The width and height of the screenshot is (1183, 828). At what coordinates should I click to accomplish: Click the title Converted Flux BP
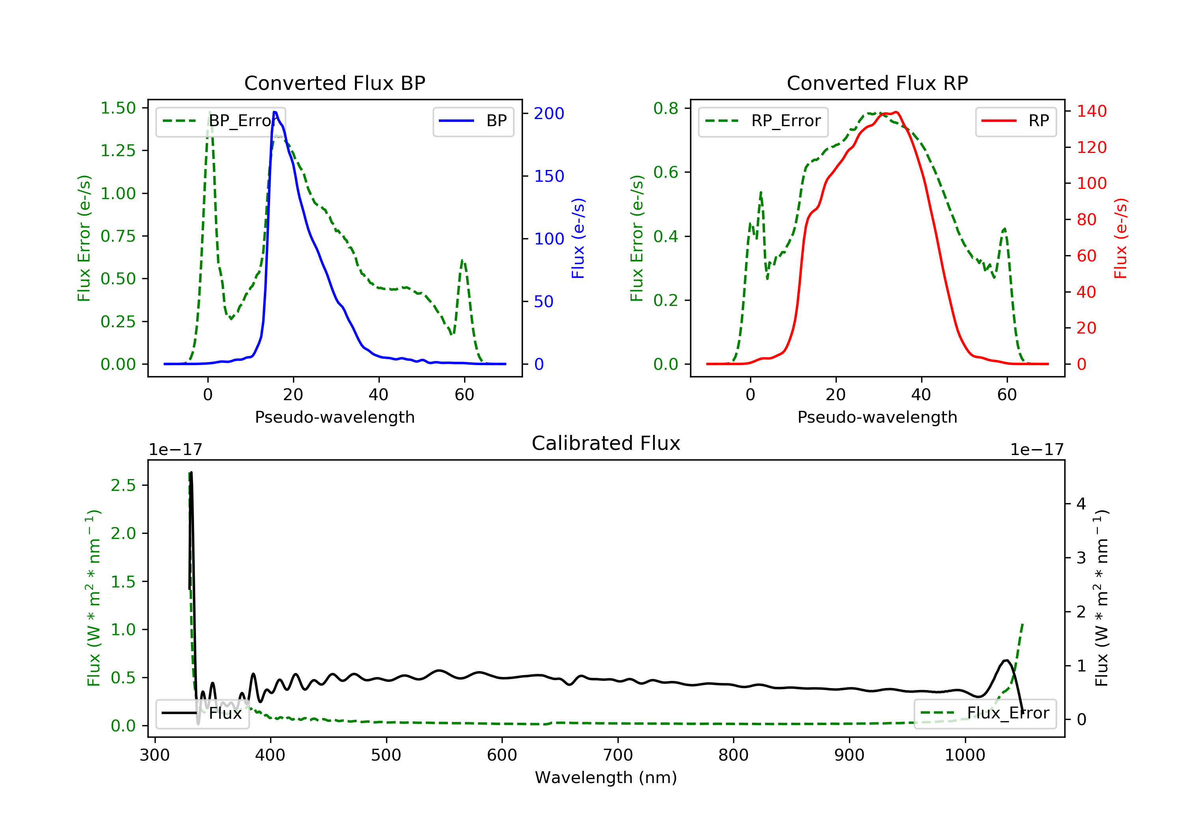[x=335, y=83]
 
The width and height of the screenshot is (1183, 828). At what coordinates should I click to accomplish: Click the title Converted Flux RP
[x=877, y=83]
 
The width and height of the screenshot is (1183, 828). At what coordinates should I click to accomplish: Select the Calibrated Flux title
[x=606, y=443]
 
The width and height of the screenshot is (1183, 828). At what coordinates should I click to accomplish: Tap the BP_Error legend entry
[x=220, y=121]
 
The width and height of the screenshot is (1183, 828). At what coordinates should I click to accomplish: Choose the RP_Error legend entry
[x=763, y=121]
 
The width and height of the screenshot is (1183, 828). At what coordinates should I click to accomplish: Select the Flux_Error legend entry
[x=985, y=713]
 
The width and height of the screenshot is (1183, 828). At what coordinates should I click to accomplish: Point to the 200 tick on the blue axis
[x=549, y=113]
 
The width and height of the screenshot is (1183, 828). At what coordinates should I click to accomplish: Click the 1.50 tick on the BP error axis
[x=118, y=108]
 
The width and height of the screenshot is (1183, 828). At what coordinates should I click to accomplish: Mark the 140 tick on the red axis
[x=1091, y=111]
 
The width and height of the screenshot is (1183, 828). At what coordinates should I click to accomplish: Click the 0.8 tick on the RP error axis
[x=666, y=108]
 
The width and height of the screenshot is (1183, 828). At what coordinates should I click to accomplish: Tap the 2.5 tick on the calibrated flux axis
[x=123, y=485]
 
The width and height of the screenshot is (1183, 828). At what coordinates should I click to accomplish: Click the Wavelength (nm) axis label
[x=606, y=778]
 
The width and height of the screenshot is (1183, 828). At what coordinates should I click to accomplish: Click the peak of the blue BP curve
[x=274, y=112]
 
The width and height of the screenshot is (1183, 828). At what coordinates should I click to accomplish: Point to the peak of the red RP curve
[x=897, y=112]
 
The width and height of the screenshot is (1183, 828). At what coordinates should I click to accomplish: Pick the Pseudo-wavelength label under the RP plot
[x=877, y=417]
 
